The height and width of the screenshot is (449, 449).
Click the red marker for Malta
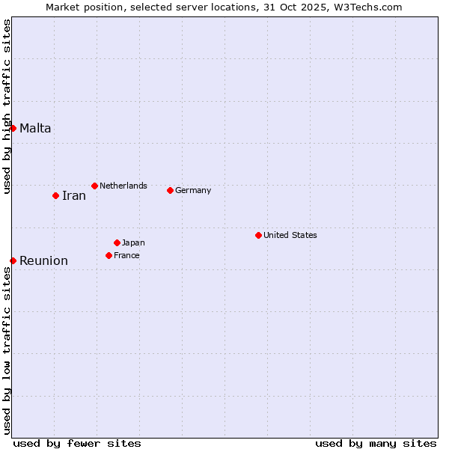click(13, 128)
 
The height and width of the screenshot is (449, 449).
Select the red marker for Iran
click(55, 195)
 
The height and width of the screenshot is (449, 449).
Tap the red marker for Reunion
click(13, 260)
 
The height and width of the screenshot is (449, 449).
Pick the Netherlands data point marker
click(94, 186)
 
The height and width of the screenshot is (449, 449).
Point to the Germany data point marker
click(170, 190)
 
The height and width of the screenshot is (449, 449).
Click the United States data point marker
click(258, 235)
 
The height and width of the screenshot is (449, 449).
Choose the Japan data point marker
click(117, 242)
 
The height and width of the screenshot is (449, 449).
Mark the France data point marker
click(109, 255)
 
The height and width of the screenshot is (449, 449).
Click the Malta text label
click(35, 128)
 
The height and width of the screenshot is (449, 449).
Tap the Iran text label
click(74, 196)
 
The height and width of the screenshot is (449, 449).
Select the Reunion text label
click(43, 261)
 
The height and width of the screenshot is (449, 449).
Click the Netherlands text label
click(123, 186)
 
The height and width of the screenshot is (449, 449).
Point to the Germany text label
click(193, 190)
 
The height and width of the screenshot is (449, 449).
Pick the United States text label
click(290, 235)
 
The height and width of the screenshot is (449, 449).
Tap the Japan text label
click(133, 242)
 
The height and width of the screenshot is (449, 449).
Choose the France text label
click(126, 255)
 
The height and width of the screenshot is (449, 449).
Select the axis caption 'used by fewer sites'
click(77, 443)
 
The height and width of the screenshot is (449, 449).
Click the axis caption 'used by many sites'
click(376, 443)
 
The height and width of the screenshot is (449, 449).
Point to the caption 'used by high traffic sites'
click(7, 106)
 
